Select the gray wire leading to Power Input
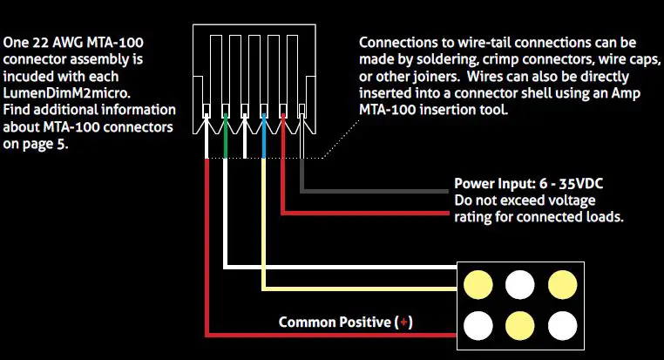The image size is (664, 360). [x=375, y=189]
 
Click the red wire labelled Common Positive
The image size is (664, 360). [x=206, y=262]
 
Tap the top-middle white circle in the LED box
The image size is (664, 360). [x=520, y=284]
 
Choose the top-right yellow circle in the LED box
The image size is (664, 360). [x=562, y=284]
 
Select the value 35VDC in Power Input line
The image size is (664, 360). [x=581, y=185]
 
